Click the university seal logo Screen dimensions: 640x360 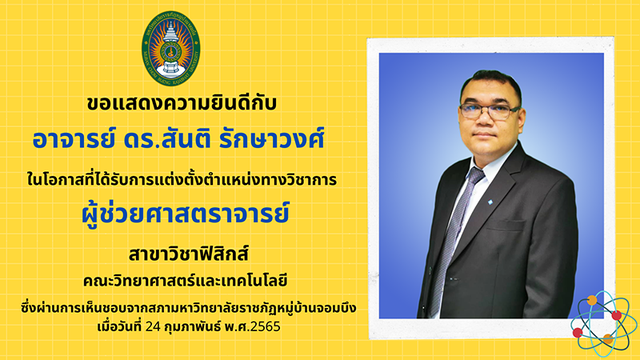coord(171,48)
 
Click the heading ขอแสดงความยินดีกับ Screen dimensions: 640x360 coord(182,103)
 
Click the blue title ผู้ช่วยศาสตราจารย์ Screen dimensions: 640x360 coord(186,213)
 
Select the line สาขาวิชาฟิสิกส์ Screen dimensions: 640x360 coord(189,254)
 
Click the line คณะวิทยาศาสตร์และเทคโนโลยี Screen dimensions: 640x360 coord(186,281)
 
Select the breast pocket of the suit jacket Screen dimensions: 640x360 coord(506,226)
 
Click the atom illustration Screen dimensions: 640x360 coord(603,324)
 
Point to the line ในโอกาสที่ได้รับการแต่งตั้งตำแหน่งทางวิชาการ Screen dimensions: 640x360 coord(182,179)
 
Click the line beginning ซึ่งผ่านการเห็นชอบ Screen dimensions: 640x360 coord(189,308)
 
